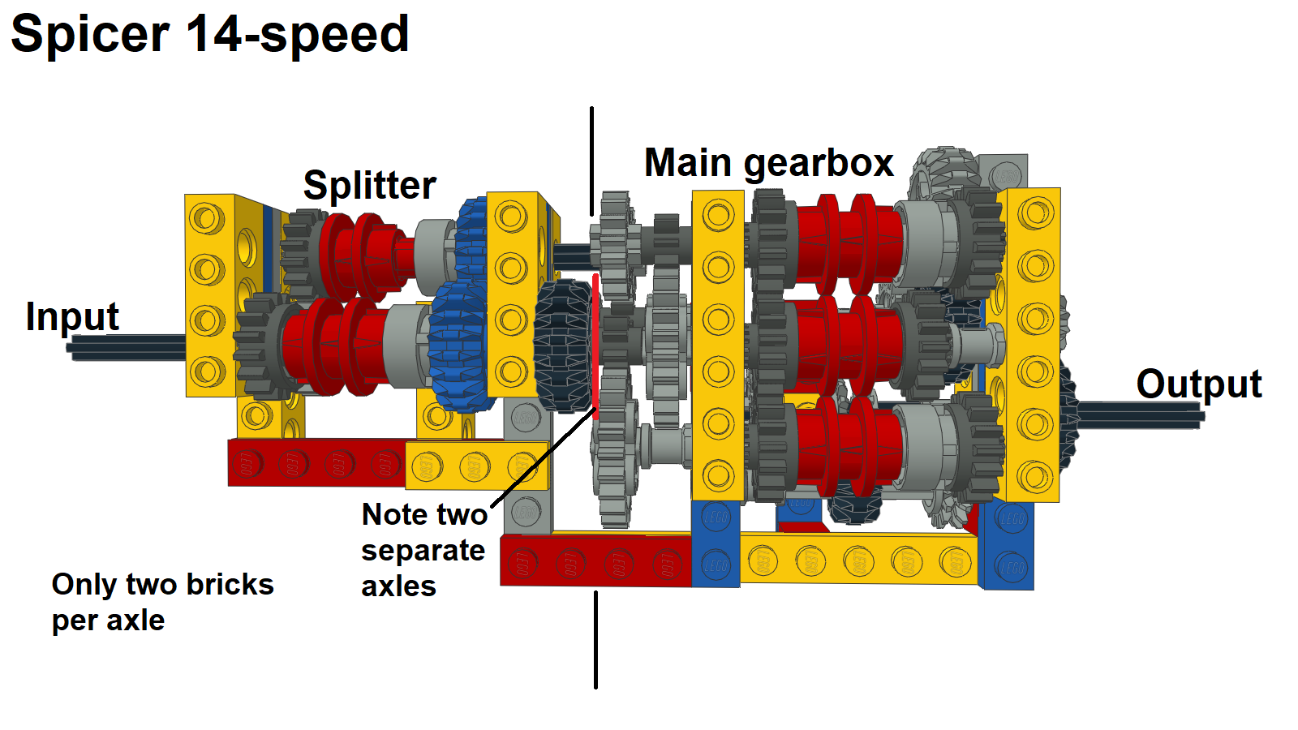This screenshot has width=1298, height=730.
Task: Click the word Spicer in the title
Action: point(89,35)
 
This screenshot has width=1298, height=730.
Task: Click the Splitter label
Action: point(369,186)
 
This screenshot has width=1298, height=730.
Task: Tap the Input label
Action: point(72,316)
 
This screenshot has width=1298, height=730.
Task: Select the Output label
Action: point(1198,384)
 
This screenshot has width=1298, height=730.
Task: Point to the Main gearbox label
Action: point(768,163)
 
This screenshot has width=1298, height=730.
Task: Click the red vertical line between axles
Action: point(595,341)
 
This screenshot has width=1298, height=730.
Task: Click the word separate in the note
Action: point(423,551)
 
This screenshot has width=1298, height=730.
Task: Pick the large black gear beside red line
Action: point(563,345)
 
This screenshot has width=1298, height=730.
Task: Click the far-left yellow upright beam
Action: point(208,295)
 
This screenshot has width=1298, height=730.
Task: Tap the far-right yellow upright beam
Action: point(1034,345)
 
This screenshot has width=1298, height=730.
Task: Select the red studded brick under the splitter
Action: point(316,463)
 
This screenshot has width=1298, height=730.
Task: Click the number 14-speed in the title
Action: point(297,35)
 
